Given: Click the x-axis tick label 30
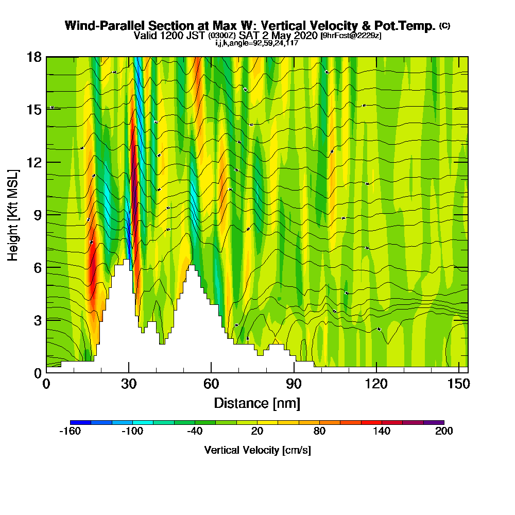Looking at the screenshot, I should click(x=129, y=384).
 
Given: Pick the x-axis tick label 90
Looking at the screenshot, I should click(x=294, y=384).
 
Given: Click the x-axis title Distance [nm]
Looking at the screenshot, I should click(x=257, y=403).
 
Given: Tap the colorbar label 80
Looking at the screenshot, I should click(x=319, y=432).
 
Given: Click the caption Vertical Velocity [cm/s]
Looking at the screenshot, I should click(x=257, y=450).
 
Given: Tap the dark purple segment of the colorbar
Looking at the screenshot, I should click(x=434, y=422).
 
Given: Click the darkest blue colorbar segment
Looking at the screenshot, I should click(x=80, y=422).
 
